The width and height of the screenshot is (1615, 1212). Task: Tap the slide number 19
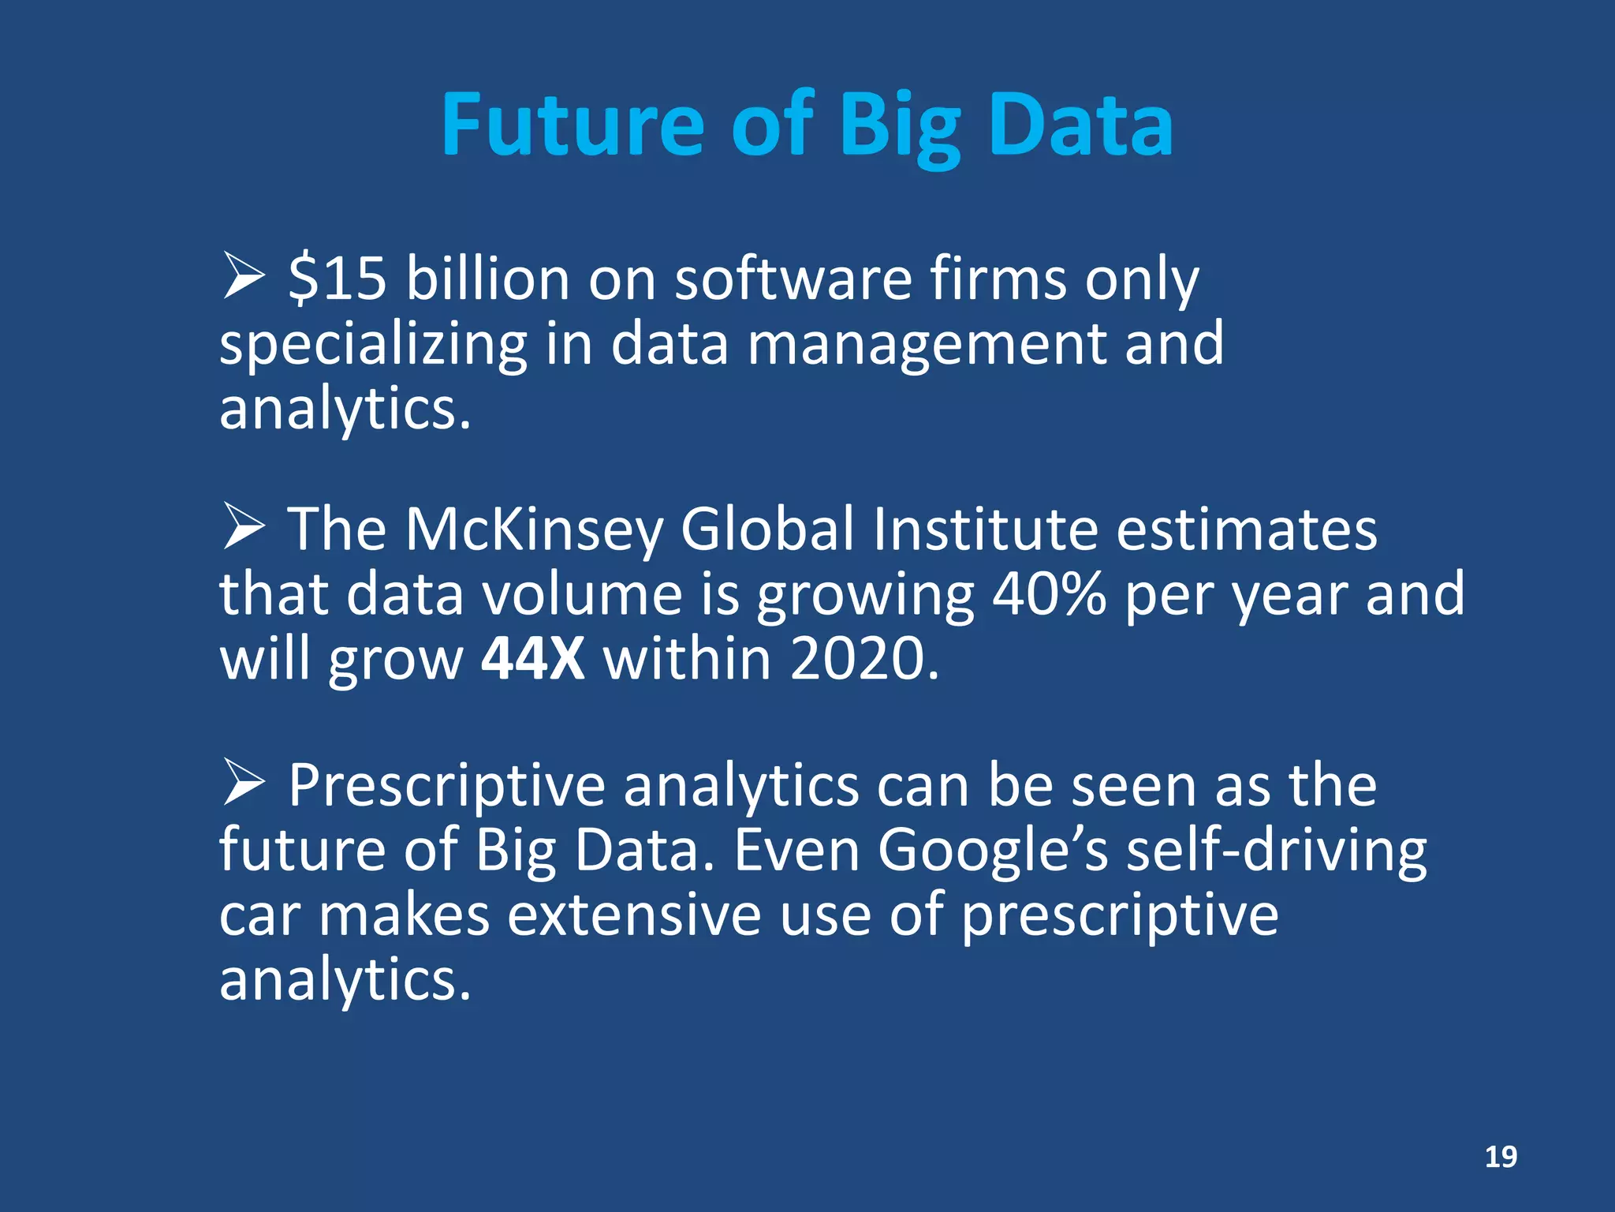(1501, 1157)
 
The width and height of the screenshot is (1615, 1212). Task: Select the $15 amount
(338, 279)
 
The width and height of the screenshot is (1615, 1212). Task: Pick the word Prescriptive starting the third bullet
(446, 787)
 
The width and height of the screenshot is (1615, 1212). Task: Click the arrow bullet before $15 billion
(244, 275)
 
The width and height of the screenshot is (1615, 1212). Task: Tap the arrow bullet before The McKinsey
(244, 526)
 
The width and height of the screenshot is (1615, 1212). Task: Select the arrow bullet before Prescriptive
(244, 782)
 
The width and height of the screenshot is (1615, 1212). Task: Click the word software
(793, 279)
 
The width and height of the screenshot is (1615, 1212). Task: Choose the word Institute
(985, 529)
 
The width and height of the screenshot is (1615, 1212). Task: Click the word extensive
(634, 915)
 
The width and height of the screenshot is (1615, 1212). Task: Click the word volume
(582, 593)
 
